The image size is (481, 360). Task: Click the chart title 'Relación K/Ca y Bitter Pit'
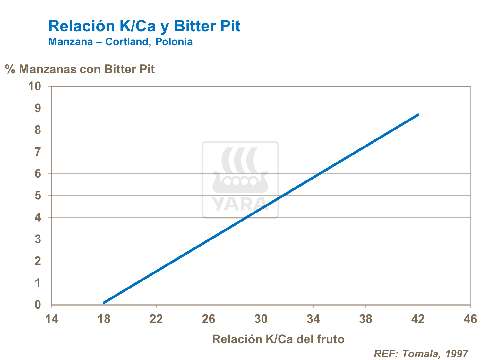tap(144, 26)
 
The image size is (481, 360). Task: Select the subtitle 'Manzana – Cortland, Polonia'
tap(120, 42)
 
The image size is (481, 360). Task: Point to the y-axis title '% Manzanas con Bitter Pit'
tap(80, 69)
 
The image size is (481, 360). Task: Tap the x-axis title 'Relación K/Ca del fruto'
tap(278, 339)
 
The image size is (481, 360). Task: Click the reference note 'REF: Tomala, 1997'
tap(421, 354)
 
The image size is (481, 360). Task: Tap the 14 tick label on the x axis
tap(51, 319)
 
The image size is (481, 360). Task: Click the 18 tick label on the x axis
tap(104, 319)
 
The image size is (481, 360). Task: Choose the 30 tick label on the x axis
tap(261, 319)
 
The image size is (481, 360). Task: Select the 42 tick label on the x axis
tap(418, 319)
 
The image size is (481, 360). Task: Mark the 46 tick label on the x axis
tap(470, 319)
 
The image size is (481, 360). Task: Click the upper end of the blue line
tap(418, 115)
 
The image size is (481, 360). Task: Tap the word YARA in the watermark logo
tap(240, 204)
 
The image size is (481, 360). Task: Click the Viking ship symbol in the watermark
tap(240, 172)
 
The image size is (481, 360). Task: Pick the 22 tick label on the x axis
tap(156, 319)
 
